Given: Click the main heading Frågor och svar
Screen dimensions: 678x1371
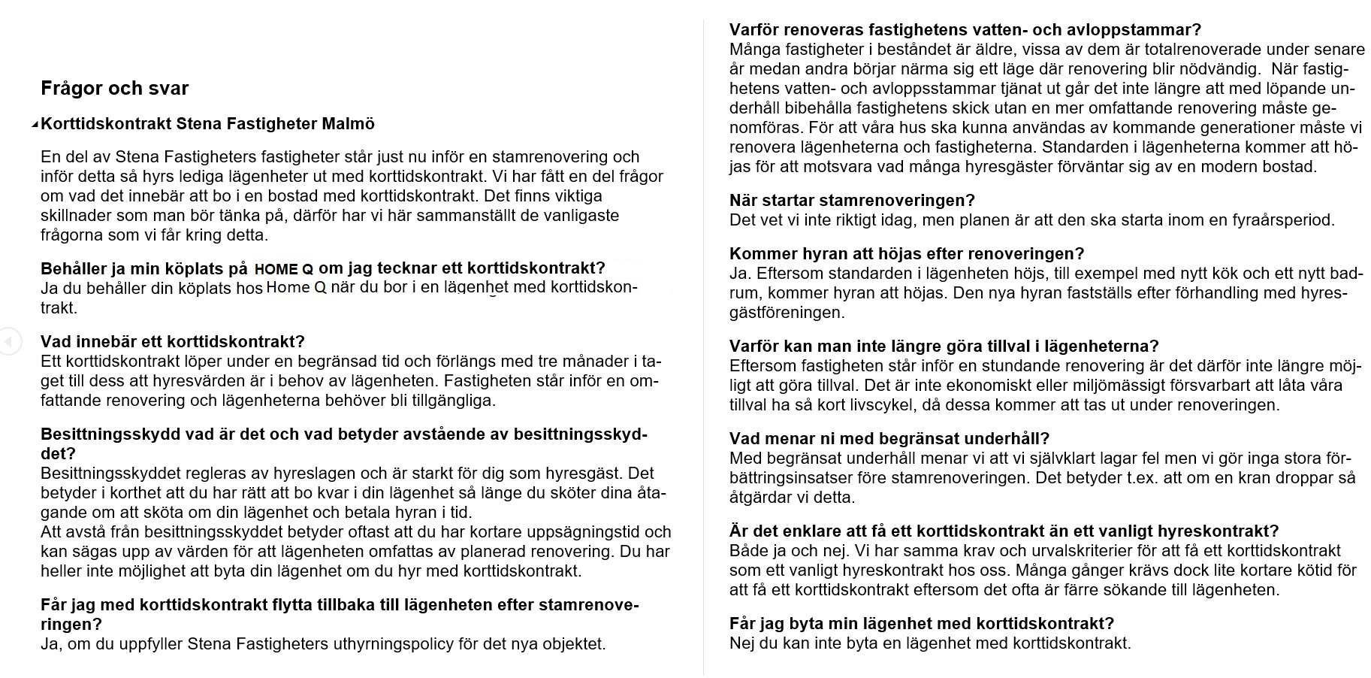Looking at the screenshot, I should [114, 89].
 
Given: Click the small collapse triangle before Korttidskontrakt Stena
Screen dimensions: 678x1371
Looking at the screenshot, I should [35, 125].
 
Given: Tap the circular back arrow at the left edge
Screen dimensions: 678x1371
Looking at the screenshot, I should [8, 342].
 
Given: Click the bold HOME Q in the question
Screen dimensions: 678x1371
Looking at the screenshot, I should [283, 270].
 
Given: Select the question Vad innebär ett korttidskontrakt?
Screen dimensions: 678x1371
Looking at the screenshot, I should [172, 342].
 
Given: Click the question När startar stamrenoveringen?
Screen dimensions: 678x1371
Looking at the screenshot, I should [852, 201].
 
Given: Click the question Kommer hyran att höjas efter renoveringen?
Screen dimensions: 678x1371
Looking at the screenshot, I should [907, 254].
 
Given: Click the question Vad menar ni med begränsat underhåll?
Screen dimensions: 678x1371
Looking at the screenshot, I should [889, 438].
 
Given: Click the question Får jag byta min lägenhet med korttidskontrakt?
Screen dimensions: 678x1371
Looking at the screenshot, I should [921, 623].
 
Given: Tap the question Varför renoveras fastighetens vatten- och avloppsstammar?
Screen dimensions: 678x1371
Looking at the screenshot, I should [965, 30].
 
